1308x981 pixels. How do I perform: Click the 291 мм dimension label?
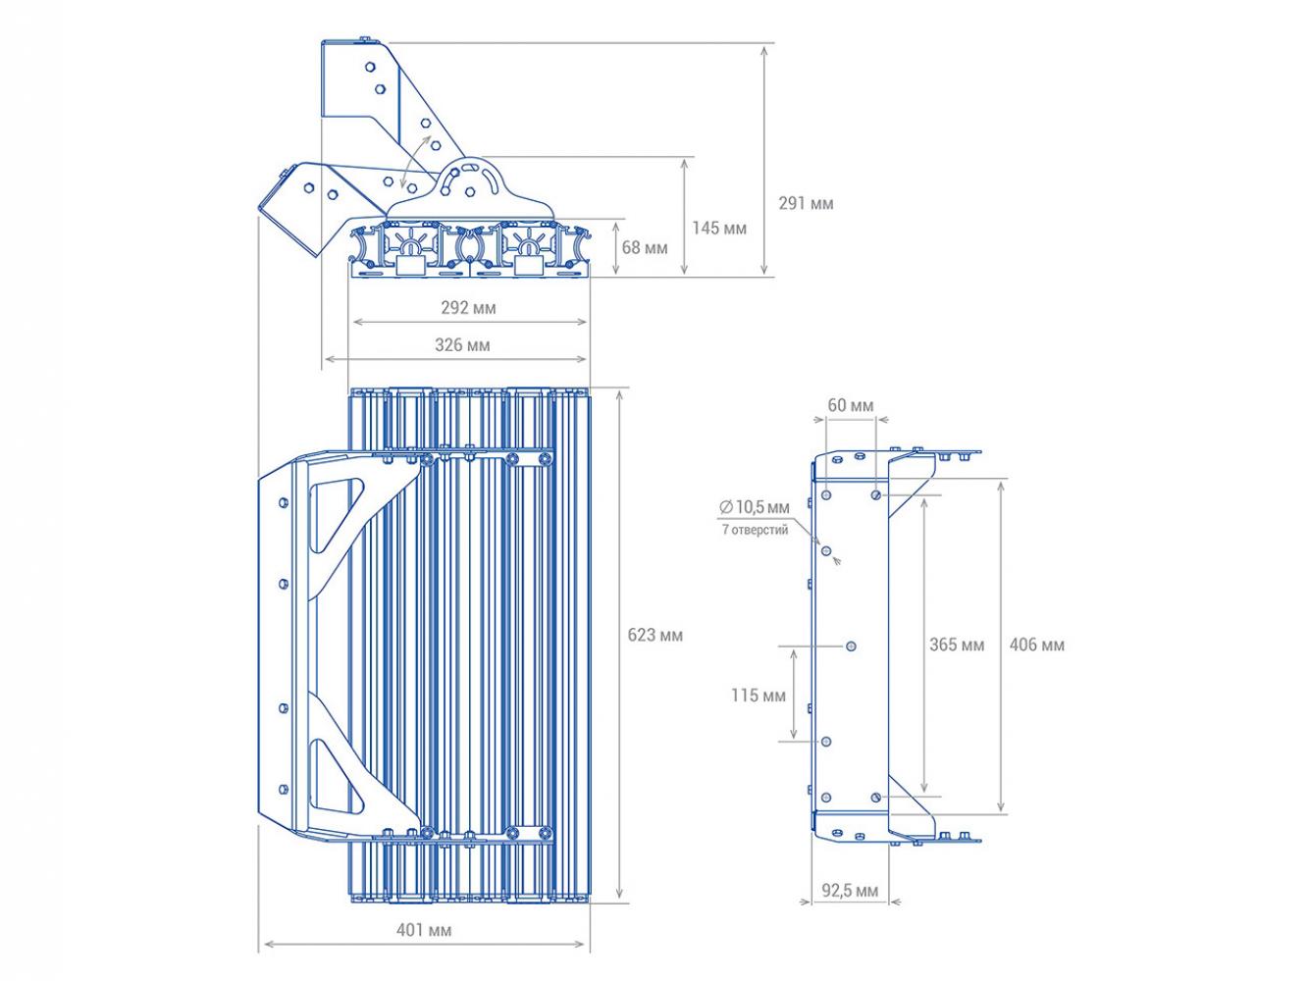point(806,204)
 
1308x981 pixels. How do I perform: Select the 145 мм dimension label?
point(719,229)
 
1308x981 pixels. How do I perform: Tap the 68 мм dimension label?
point(644,248)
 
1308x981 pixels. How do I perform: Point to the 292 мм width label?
point(468,308)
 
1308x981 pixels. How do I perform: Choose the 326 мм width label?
point(462,345)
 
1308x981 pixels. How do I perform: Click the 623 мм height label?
point(654,635)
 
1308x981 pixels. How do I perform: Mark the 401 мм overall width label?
point(424,930)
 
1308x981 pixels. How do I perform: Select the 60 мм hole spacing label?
point(851,405)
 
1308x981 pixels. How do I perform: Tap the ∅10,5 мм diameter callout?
point(755,507)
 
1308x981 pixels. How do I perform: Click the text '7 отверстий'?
point(755,530)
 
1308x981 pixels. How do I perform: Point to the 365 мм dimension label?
point(957,645)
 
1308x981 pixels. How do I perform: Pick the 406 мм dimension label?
point(1037,645)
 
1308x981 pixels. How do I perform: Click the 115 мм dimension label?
point(759,696)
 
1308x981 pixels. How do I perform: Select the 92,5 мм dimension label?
point(850,891)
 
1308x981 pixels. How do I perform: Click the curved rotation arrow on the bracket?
point(415,161)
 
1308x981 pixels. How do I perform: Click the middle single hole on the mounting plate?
point(851,646)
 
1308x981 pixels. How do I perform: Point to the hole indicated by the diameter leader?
point(826,551)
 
